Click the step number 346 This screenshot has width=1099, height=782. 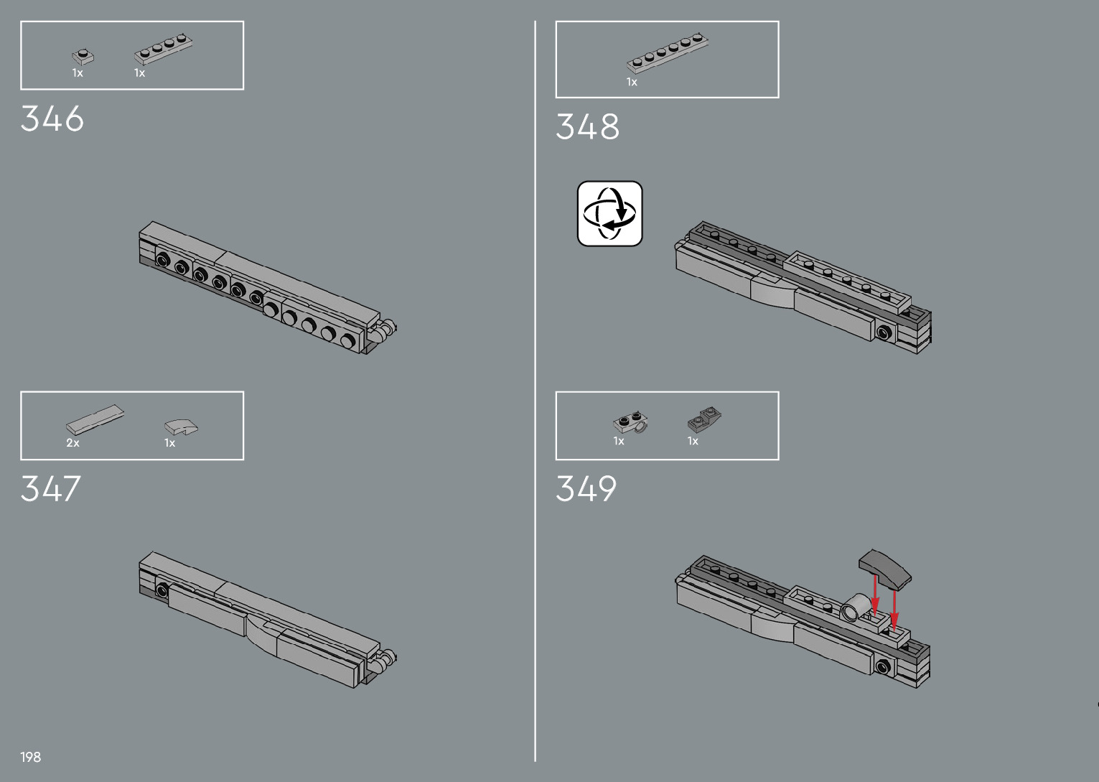[52, 119]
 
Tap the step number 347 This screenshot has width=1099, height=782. [51, 489]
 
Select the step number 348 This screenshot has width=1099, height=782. [587, 127]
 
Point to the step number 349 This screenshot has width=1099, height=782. [586, 489]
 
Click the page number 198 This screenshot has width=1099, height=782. [31, 757]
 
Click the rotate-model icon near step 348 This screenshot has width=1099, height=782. [609, 213]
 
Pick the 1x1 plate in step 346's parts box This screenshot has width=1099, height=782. [83, 56]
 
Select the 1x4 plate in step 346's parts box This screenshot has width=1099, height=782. [164, 50]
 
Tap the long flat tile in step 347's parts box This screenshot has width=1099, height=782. [94, 419]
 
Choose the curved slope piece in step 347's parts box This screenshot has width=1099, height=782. [181, 427]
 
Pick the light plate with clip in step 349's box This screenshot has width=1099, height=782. [631, 423]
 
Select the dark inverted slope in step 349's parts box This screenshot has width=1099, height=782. [704, 419]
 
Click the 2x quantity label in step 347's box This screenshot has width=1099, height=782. [73, 443]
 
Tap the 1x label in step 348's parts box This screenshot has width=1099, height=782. [632, 83]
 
